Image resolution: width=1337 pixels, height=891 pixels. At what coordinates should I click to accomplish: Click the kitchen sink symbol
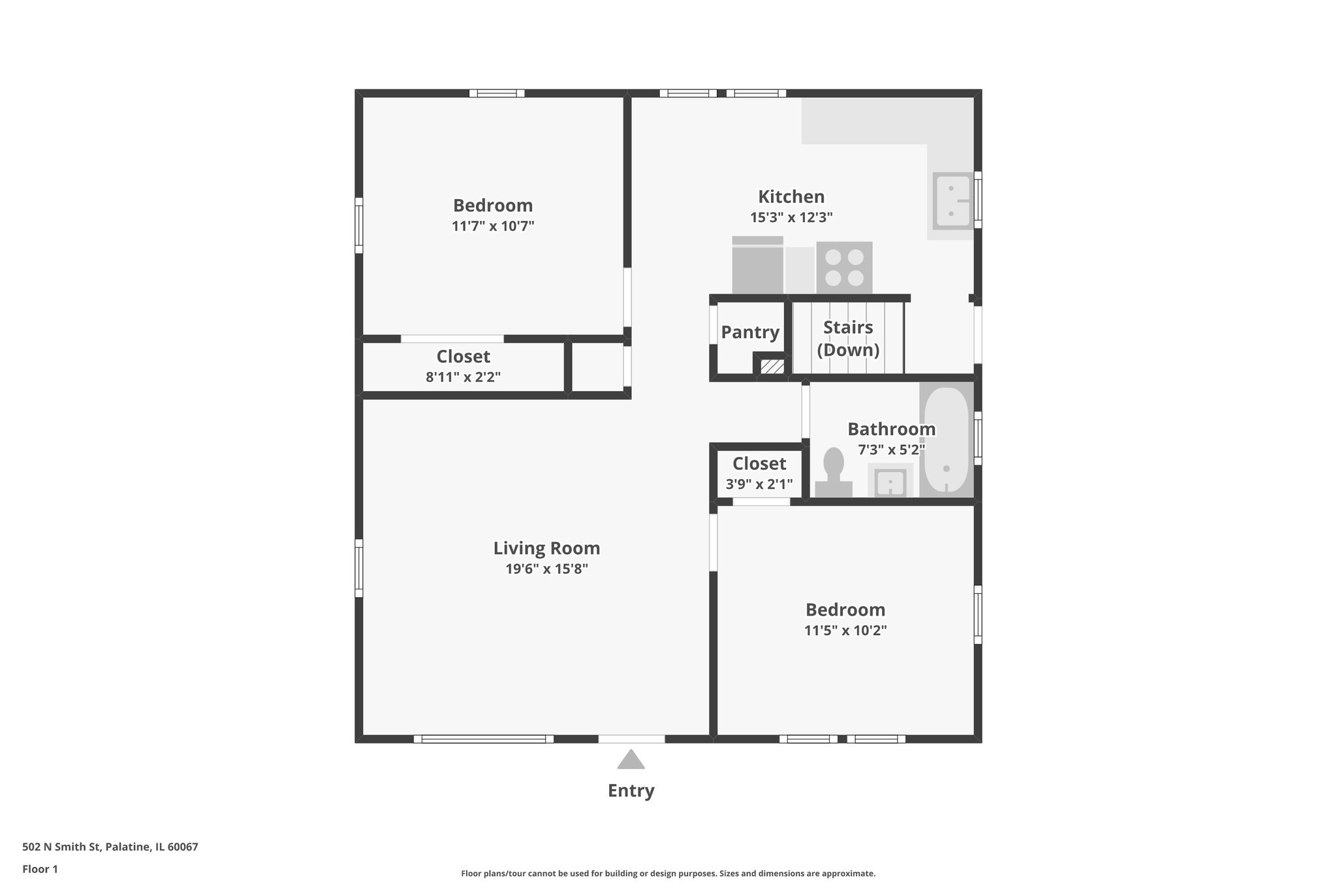952,201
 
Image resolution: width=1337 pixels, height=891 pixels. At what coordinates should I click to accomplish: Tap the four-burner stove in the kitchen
844,268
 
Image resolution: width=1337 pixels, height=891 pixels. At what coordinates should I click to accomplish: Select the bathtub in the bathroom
946,440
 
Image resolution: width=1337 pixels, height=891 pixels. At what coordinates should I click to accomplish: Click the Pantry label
749,332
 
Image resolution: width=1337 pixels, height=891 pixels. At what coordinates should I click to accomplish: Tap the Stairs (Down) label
848,338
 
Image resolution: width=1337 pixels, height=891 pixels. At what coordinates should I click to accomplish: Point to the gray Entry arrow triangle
631,760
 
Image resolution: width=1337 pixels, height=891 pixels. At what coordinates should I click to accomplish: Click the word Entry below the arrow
631,790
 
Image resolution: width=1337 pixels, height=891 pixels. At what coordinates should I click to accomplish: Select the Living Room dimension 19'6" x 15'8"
546,569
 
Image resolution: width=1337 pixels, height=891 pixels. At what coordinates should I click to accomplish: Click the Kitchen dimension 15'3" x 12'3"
791,217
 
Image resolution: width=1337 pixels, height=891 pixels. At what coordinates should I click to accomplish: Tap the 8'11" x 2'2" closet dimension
463,377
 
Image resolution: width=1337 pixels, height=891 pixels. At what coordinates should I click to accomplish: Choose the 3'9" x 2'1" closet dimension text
759,484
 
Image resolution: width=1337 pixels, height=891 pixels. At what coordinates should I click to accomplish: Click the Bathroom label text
891,429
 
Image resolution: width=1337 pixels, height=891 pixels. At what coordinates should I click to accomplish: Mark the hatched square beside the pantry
772,366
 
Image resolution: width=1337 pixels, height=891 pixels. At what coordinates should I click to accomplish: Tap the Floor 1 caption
40,869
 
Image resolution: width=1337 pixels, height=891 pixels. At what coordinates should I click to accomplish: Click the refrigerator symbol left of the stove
757,266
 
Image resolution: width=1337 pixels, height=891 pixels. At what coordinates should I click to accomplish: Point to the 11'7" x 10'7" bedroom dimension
493,226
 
